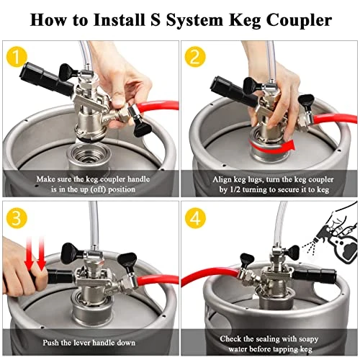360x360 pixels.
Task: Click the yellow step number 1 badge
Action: pos(17,57)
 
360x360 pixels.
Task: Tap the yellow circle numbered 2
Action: pos(195,57)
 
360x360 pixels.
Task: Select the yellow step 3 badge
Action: pos(17,218)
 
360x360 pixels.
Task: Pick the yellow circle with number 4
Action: pos(195,218)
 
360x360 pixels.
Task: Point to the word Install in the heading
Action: pos(118,19)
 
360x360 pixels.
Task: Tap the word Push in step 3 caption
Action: pos(50,343)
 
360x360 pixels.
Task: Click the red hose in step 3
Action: pos(158,280)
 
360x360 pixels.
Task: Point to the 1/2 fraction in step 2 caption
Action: pos(235,190)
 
